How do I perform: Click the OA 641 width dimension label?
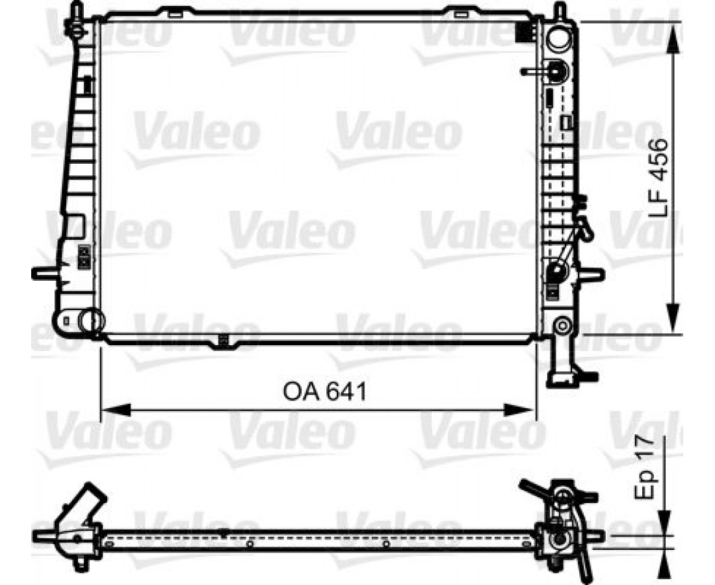[324, 392]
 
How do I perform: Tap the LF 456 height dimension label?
[657, 178]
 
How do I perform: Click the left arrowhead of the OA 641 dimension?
[116, 409]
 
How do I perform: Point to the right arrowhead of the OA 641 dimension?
[519, 409]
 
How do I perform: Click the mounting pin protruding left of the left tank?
[45, 273]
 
